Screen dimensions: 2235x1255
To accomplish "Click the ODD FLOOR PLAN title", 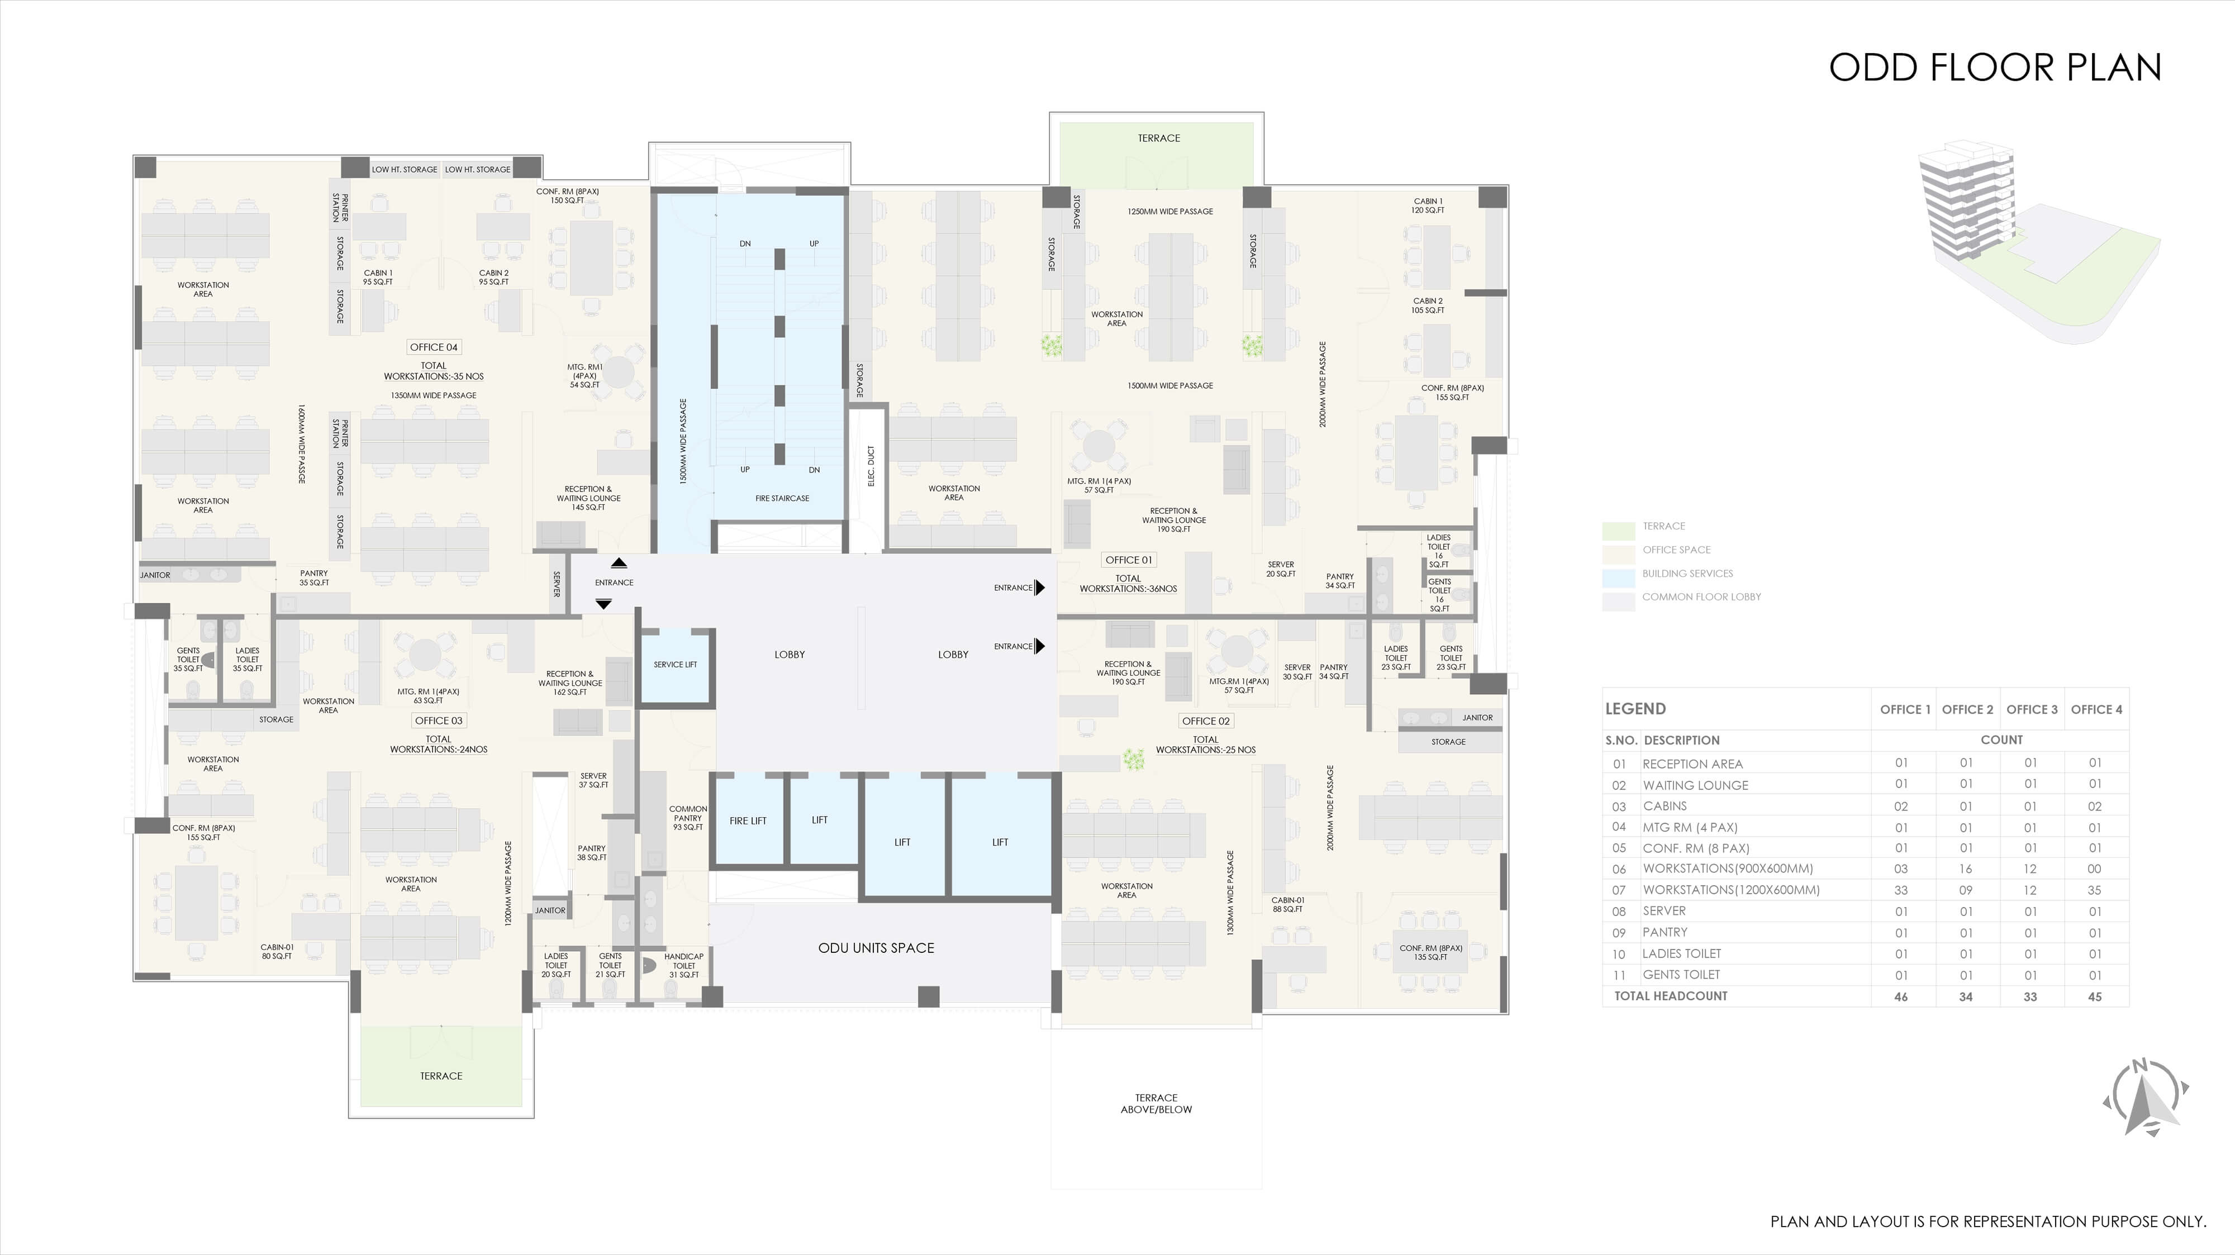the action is (x=1995, y=68).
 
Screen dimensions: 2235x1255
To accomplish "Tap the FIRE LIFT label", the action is (x=748, y=820).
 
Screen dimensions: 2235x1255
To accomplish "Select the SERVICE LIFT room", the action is (x=675, y=665).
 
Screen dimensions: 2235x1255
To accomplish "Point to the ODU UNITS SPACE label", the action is (x=876, y=948).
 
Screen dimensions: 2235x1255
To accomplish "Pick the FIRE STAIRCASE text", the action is (x=782, y=499).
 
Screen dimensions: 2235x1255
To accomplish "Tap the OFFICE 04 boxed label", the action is (x=434, y=347).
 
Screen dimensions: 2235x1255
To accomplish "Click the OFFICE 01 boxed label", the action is (x=1129, y=560).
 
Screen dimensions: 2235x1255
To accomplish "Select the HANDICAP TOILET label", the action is (x=684, y=965).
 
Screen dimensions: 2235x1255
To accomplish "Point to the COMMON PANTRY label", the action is (x=688, y=818).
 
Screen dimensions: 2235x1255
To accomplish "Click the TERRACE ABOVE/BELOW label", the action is (x=1157, y=1103).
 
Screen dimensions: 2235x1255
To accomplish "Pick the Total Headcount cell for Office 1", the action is (x=1901, y=996).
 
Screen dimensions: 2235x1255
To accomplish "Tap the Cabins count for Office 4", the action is (x=2094, y=806).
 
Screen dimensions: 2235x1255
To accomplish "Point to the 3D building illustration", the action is (x=2038, y=243).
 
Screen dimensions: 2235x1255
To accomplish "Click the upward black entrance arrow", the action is (x=619, y=563).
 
